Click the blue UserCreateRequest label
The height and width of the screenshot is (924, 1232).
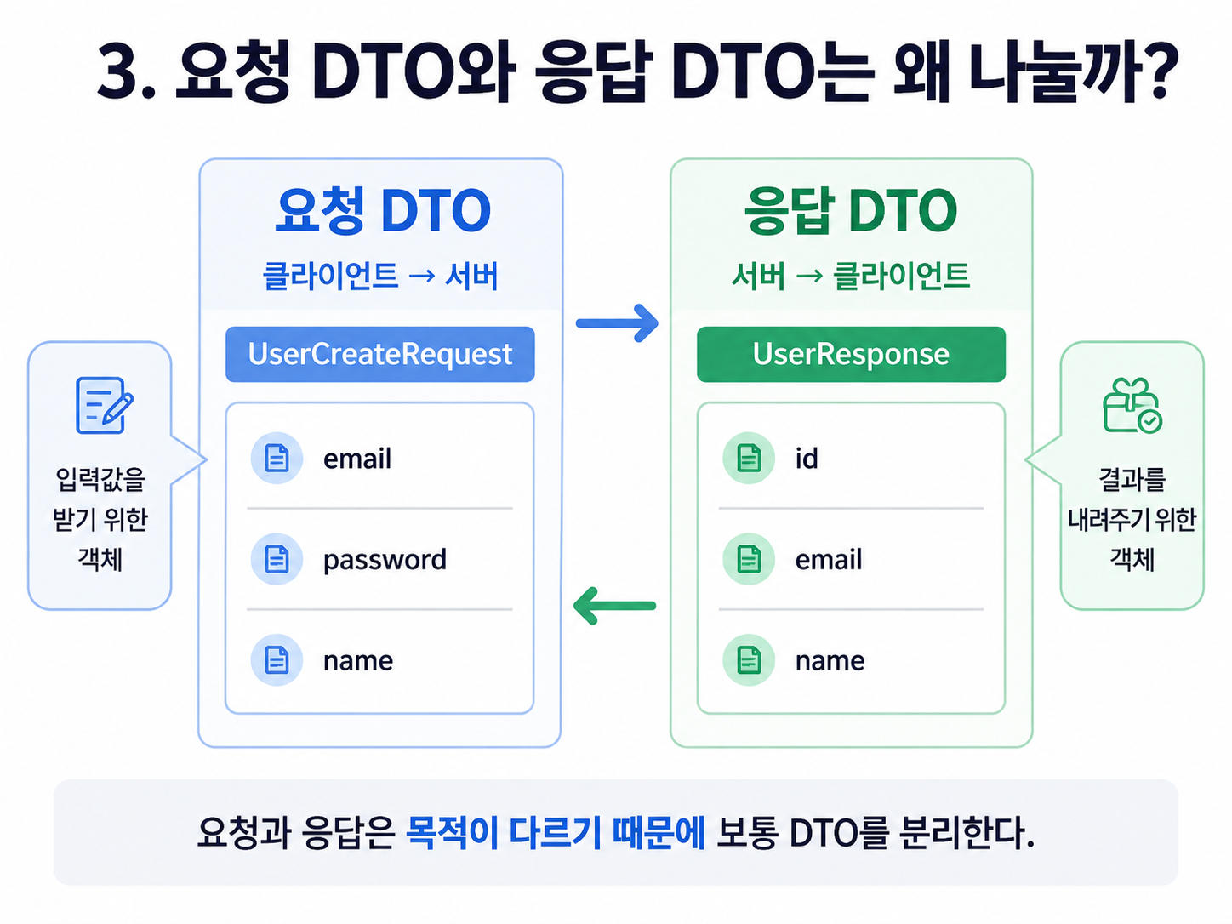pos(380,355)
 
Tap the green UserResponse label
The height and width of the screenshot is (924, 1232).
pos(851,355)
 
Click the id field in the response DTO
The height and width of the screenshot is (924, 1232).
pos(807,459)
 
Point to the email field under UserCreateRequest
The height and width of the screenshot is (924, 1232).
pos(357,459)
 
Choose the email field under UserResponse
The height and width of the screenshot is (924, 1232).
pos(829,559)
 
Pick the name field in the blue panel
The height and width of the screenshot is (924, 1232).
pos(358,661)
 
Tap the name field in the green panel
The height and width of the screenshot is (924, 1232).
pos(830,661)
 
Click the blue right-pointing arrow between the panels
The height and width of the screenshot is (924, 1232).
pos(617,323)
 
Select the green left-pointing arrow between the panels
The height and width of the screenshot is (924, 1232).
pos(614,605)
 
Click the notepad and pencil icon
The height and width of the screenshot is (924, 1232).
pos(105,405)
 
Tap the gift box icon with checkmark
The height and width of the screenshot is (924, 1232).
pos(1132,405)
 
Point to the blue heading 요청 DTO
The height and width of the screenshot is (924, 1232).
pos(383,210)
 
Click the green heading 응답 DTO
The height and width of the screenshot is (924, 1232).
pos(851,210)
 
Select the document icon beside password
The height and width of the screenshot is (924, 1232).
pos(277,559)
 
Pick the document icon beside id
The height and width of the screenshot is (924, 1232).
pos(749,459)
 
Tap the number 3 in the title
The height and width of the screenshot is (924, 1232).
pos(118,72)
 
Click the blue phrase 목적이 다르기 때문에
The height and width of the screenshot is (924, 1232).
pos(555,833)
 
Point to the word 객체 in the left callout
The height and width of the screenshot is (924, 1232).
pos(100,559)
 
